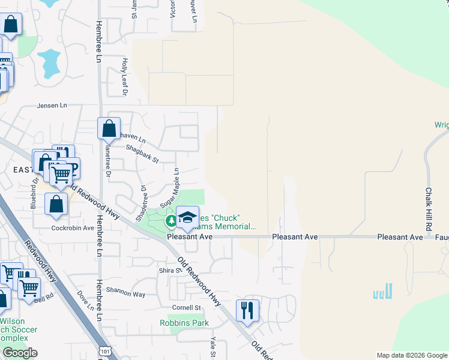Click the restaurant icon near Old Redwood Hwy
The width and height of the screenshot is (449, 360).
[x=247, y=310]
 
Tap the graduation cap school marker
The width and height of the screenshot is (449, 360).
[x=187, y=217]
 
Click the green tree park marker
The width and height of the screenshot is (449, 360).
[x=172, y=221]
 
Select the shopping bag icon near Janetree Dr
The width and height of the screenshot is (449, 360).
[x=109, y=128]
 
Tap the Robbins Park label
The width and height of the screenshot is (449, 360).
[x=184, y=323]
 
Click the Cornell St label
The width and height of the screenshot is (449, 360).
[x=186, y=308]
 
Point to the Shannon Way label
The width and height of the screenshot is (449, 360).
[x=126, y=294]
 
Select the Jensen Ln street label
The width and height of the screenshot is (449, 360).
[x=52, y=106]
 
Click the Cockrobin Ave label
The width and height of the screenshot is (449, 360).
[x=73, y=228]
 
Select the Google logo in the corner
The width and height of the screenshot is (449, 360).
[x=20, y=353]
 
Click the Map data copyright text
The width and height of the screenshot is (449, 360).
[x=412, y=355]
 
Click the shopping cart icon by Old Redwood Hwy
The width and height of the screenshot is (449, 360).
[x=61, y=173]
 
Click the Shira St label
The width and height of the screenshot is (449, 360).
[x=170, y=271]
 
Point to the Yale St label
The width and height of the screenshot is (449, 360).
[x=212, y=347]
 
